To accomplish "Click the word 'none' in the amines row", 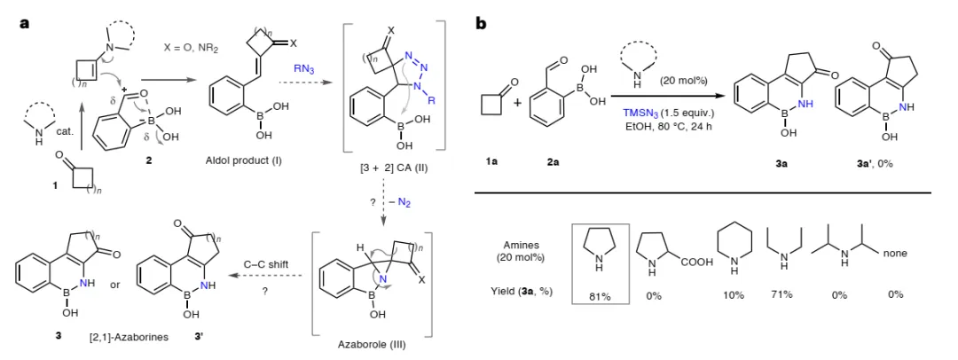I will (898, 254).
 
